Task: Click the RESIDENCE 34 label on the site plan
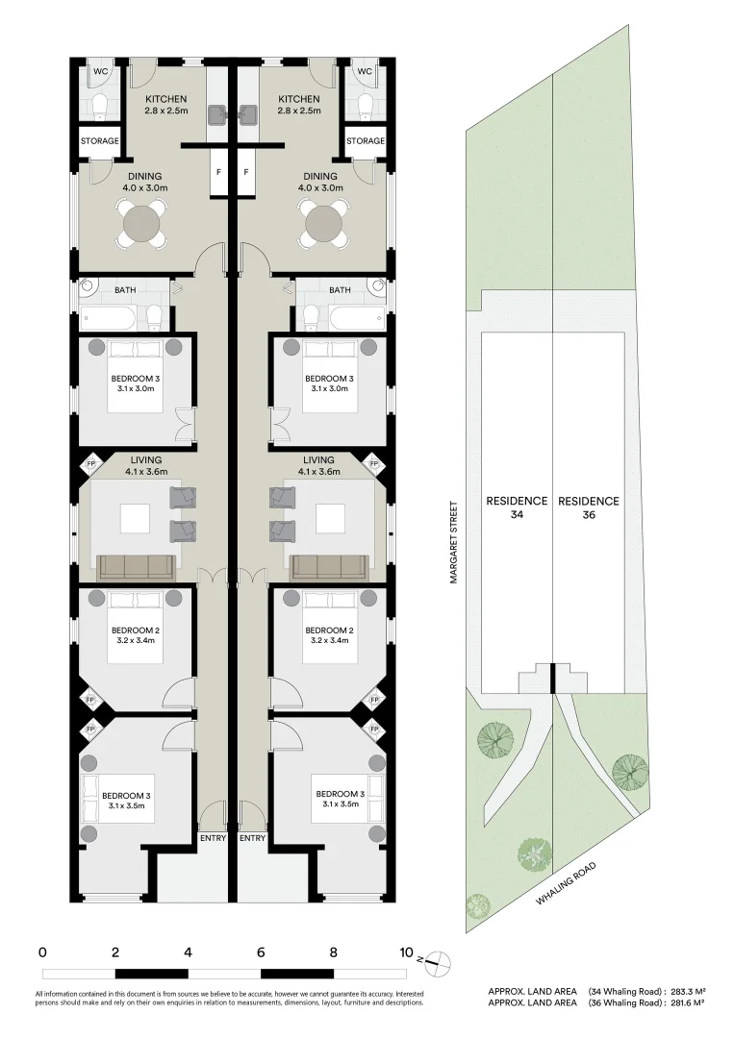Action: tap(516, 507)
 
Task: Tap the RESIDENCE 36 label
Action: tap(588, 507)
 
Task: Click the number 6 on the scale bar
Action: tap(261, 953)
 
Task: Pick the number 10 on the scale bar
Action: tap(406, 953)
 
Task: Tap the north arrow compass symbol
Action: tap(434, 958)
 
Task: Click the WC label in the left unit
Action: tap(100, 72)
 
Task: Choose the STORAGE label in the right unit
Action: tap(366, 141)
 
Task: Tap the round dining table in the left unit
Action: tap(142, 226)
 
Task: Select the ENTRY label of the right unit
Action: tap(252, 838)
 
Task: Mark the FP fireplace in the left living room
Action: tap(91, 465)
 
